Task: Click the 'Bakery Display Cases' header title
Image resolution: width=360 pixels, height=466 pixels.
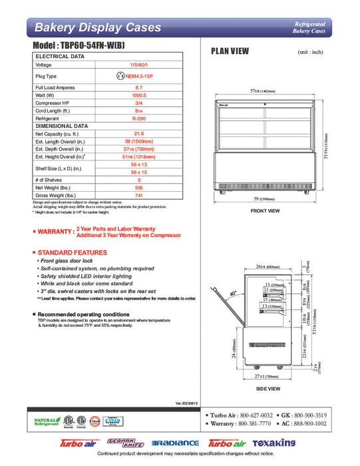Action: click(98, 27)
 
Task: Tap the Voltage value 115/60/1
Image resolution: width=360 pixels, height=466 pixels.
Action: click(138, 65)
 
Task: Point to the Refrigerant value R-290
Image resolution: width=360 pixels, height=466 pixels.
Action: click(138, 117)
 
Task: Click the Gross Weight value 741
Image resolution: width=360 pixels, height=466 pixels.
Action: click(138, 195)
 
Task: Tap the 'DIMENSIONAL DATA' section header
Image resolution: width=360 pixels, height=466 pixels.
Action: click(62, 126)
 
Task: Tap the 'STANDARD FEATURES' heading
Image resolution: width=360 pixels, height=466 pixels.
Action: click(72, 253)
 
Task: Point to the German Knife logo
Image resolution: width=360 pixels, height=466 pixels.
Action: click(124, 443)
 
